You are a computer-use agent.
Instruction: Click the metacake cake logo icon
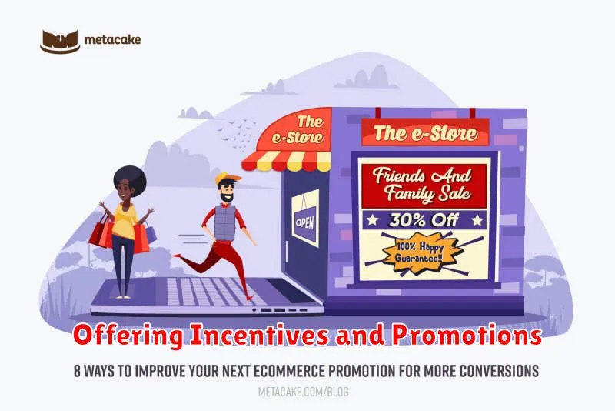pyautogui.click(x=60, y=42)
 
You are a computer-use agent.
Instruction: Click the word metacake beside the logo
pyautogui.click(x=112, y=40)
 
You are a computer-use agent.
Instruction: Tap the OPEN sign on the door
pyautogui.click(x=305, y=223)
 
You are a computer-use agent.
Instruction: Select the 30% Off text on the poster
pyautogui.click(x=424, y=220)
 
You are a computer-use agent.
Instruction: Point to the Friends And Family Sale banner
pyautogui.click(x=424, y=185)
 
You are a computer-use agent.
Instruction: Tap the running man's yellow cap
pyautogui.click(x=227, y=179)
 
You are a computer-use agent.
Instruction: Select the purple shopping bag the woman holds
pyautogui.click(x=150, y=232)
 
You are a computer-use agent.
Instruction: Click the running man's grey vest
pyautogui.click(x=224, y=222)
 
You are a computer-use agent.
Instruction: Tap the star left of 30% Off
pyautogui.click(x=372, y=220)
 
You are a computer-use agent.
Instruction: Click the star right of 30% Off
pyautogui.click(x=477, y=220)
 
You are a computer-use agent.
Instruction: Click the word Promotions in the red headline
pyautogui.click(x=467, y=336)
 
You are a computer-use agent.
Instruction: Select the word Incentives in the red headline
pyautogui.click(x=260, y=336)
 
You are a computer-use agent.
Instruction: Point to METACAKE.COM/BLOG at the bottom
pyautogui.click(x=303, y=392)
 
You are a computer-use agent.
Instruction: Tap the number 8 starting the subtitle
pyautogui.click(x=78, y=371)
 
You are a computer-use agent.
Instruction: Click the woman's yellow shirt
pyautogui.click(x=125, y=220)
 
